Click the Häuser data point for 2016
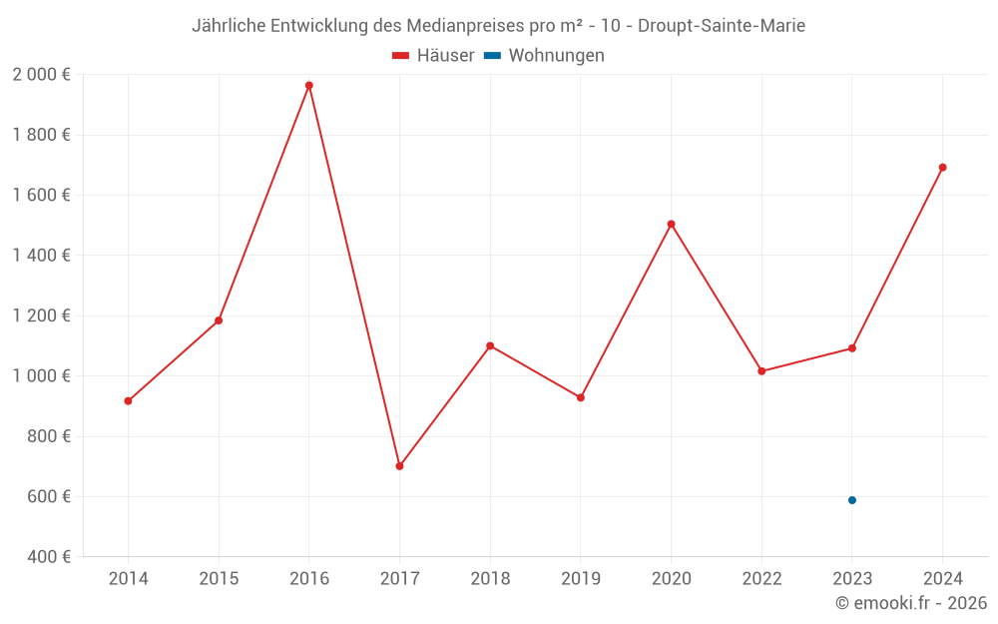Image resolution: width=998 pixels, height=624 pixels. click(x=309, y=86)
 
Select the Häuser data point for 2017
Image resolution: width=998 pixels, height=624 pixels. click(x=399, y=466)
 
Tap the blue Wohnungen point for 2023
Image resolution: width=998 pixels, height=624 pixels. click(x=852, y=500)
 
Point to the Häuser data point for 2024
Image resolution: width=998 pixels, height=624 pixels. click(x=942, y=168)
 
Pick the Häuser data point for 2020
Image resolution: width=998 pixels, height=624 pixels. click(x=671, y=225)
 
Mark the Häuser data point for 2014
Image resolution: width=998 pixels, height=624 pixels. click(x=128, y=401)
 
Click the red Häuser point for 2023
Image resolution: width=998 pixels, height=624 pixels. click(x=852, y=348)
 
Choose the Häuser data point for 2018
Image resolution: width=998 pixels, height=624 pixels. click(x=490, y=346)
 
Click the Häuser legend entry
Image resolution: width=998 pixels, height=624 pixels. click(x=433, y=56)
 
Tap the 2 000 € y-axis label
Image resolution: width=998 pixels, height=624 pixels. click(x=41, y=75)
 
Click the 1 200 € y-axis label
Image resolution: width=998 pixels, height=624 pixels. click(x=41, y=315)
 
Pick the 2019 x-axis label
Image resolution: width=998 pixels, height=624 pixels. click(x=581, y=579)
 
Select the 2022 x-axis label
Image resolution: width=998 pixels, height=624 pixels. click(x=761, y=579)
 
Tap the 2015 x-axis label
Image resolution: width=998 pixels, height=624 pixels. click(x=219, y=579)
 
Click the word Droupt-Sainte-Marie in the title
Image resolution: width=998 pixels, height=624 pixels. click(x=717, y=26)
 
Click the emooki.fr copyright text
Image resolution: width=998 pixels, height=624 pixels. click(x=911, y=603)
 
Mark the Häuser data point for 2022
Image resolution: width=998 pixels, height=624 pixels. click(x=761, y=371)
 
